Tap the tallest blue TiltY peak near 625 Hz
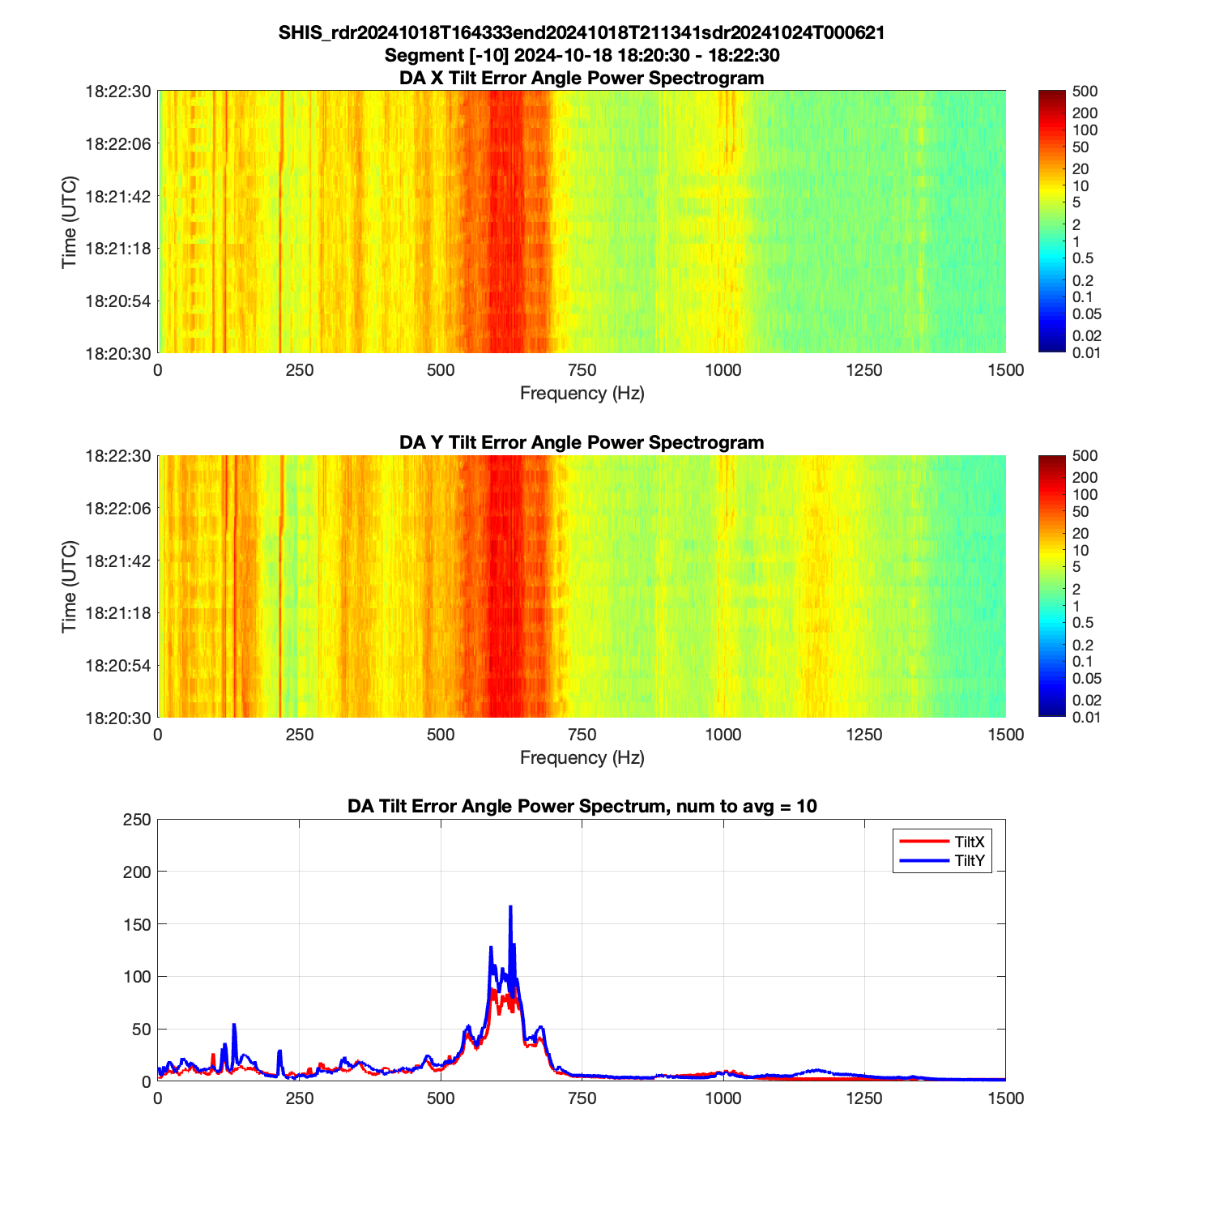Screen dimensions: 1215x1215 510,907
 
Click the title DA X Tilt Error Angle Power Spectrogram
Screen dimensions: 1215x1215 582,78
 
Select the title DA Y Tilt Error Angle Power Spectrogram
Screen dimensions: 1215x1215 582,442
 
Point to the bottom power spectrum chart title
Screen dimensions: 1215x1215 582,806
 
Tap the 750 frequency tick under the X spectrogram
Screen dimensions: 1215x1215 582,370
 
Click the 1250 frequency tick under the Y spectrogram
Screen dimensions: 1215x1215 864,735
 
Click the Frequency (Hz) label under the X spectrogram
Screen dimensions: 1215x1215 582,394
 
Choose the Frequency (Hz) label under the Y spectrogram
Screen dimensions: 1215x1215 582,758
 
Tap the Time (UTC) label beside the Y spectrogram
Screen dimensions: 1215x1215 69,586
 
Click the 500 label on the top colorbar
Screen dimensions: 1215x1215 1085,92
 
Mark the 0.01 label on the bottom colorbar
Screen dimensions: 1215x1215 1086,717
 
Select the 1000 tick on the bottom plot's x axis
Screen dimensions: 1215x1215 723,1098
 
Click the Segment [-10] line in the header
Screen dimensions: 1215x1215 582,55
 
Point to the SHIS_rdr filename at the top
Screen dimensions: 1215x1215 582,32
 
